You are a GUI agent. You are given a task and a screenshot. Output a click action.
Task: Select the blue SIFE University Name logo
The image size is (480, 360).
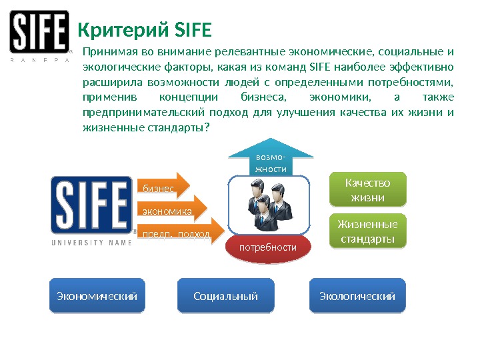pyautogui.click(x=92, y=205)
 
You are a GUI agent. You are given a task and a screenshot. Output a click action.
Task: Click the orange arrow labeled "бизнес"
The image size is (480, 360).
pyautogui.click(x=162, y=188)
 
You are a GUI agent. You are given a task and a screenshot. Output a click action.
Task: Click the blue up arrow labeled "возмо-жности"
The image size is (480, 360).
pyautogui.click(x=270, y=161)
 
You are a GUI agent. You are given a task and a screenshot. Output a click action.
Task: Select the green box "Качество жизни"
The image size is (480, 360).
pyautogui.click(x=368, y=190)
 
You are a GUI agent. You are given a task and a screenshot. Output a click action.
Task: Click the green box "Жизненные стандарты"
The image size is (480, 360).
pyautogui.click(x=368, y=231)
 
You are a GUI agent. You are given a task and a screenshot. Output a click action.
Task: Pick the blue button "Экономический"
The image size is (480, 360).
pyautogui.click(x=97, y=296)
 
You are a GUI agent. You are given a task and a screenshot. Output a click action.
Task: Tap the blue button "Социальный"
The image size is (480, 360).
pyautogui.click(x=225, y=296)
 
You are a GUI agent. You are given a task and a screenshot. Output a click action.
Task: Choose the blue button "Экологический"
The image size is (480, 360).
pyautogui.click(x=358, y=296)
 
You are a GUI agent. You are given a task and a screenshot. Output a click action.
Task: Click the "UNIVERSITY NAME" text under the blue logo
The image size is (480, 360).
pyautogui.click(x=87, y=243)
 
